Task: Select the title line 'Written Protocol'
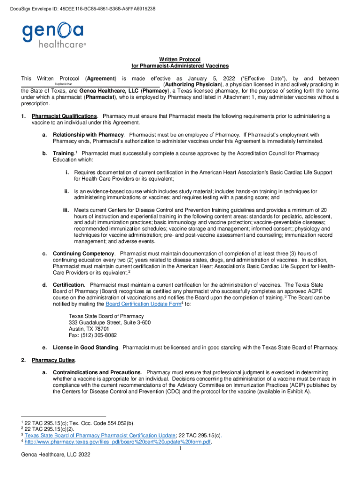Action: [x=180, y=59]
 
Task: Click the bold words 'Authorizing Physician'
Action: [x=192, y=84]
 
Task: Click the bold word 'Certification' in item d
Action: [x=68, y=285]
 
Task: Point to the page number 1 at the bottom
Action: [x=180, y=448]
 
